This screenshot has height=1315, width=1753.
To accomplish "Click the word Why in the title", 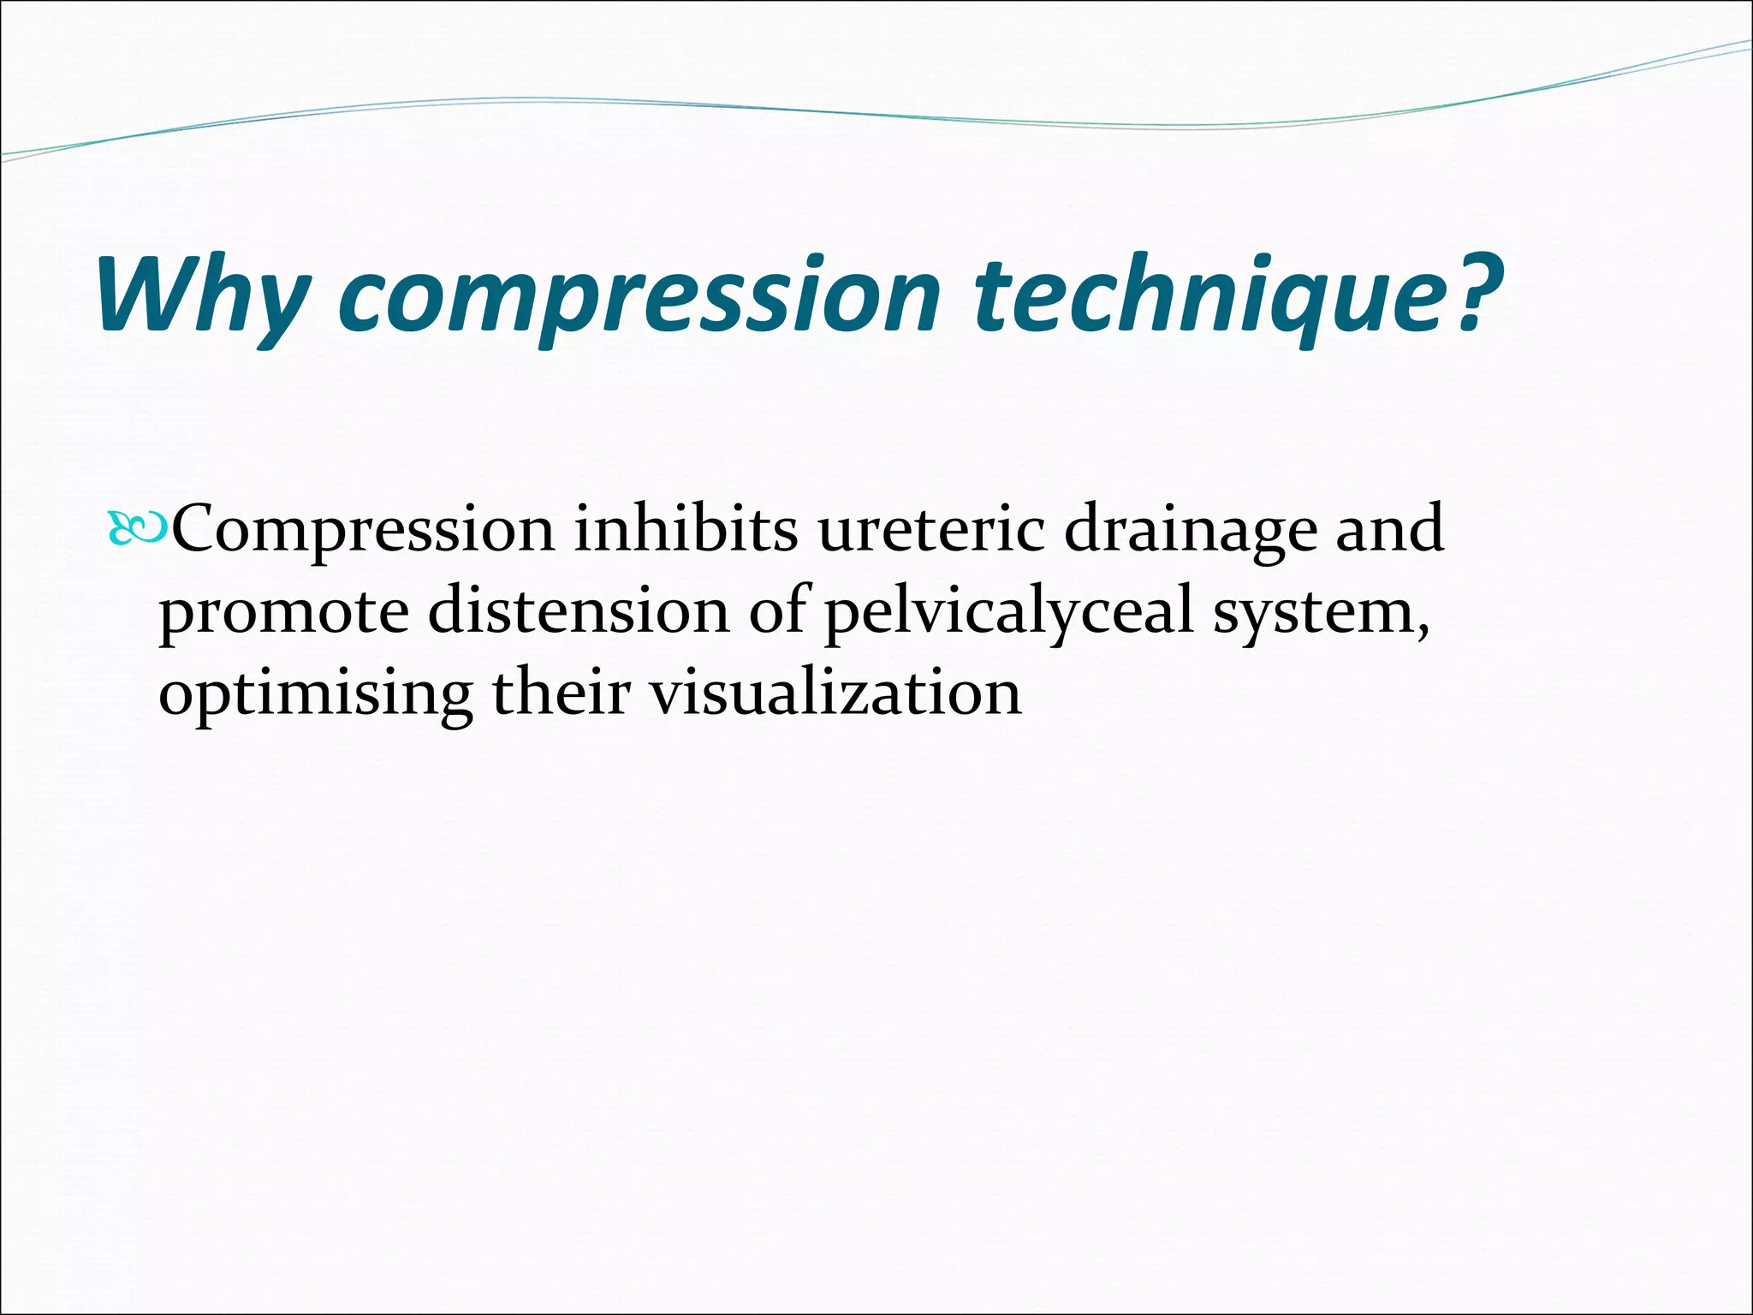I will click(202, 295).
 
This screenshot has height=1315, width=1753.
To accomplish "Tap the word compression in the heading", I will click(639, 295).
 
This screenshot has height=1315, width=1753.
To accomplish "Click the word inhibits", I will click(686, 529).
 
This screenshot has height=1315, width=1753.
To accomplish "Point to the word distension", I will click(579, 611).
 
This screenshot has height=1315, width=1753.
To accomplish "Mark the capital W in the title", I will click(144, 295).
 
